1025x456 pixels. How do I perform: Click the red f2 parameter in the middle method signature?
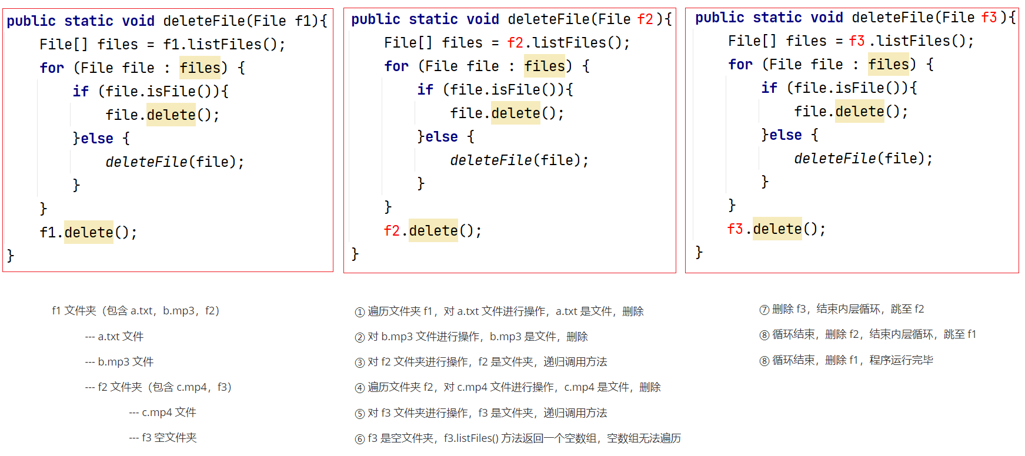click(x=645, y=19)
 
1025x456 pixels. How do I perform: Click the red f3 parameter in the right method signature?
click(x=989, y=18)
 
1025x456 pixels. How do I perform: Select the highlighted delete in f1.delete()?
click(x=89, y=232)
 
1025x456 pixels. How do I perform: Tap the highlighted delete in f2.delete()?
click(x=433, y=230)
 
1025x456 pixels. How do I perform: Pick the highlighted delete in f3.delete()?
click(x=777, y=229)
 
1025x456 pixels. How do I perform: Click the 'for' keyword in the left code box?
click(x=52, y=68)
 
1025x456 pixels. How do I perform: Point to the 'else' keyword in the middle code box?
click(x=442, y=137)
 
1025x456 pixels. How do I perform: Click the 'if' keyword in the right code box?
click(x=769, y=88)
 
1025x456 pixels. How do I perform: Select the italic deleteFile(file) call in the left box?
click(x=175, y=162)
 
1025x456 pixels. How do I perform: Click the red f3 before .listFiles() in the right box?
click(x=857, y=41)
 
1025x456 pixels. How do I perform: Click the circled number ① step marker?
click(x=360, y=312)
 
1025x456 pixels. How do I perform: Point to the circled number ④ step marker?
click(x=360, y=388)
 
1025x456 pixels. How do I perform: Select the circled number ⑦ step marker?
click(x=764, y=310)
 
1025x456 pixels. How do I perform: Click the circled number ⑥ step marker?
click(x=360, y=439)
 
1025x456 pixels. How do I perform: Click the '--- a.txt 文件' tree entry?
click(x=114, y=337)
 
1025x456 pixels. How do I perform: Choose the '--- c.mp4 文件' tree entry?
click(x=162, y=413)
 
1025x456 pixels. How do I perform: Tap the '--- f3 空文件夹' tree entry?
click(x=162, y=438)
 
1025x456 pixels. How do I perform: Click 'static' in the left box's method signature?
click(x=89, y=21)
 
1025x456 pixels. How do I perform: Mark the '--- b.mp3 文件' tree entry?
click(x=119, y=362)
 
